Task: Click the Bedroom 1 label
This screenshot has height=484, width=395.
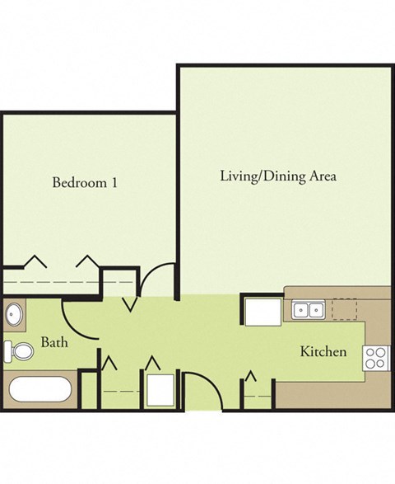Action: tap(84, 182)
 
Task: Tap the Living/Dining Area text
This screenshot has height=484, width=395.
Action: tap(278, 176)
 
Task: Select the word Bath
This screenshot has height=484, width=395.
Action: tap(54, 342)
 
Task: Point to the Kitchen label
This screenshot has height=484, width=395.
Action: tap(323, 352)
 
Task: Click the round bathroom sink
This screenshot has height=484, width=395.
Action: tap(14, 314)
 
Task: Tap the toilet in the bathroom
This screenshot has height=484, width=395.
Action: tap(17, 352)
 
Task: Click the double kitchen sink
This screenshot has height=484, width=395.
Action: tap(308, 311)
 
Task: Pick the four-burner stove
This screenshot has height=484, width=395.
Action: tap(376, 356)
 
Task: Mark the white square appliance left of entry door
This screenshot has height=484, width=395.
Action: tap(160, 388)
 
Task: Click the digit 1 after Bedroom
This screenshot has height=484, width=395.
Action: tap(114, 182)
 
